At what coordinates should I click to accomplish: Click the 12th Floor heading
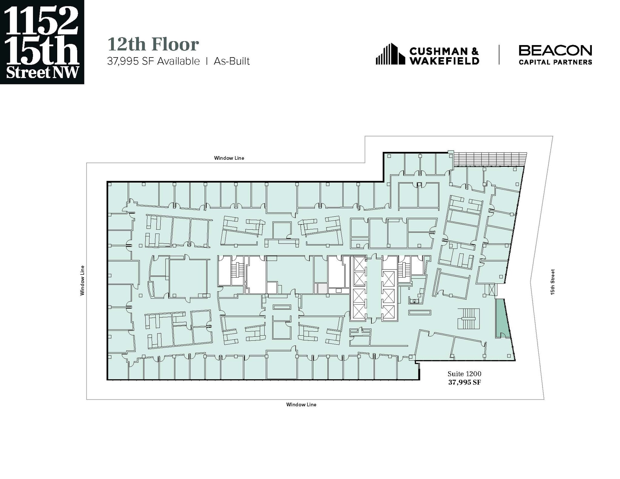pos(153,44)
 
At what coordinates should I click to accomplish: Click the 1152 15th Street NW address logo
pos(42,42)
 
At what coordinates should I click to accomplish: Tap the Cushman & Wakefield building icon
pos(390,54)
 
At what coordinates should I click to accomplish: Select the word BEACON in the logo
pos(555,51)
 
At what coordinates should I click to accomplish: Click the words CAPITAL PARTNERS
pos(555,62)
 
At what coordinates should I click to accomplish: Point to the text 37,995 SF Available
pos(153,61)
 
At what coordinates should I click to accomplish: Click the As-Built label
pos(232,61)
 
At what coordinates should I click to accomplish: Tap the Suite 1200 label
pos(464,374)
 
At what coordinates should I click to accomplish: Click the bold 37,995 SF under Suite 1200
pos(464,382)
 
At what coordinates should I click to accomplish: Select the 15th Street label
pos(552,282)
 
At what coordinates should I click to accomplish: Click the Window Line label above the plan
pos(229,158)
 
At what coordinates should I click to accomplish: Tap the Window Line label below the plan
pos(301,405)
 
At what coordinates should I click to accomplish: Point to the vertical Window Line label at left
pos(82,280)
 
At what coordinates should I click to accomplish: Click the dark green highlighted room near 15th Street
pos(501,318)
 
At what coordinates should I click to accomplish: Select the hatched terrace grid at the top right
pos(490,159)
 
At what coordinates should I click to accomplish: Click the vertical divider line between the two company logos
pos(499,55)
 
